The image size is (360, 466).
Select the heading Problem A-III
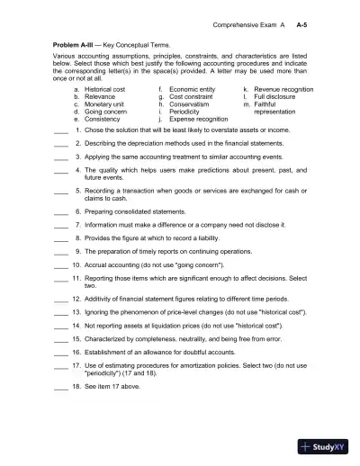tap(73, 42)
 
